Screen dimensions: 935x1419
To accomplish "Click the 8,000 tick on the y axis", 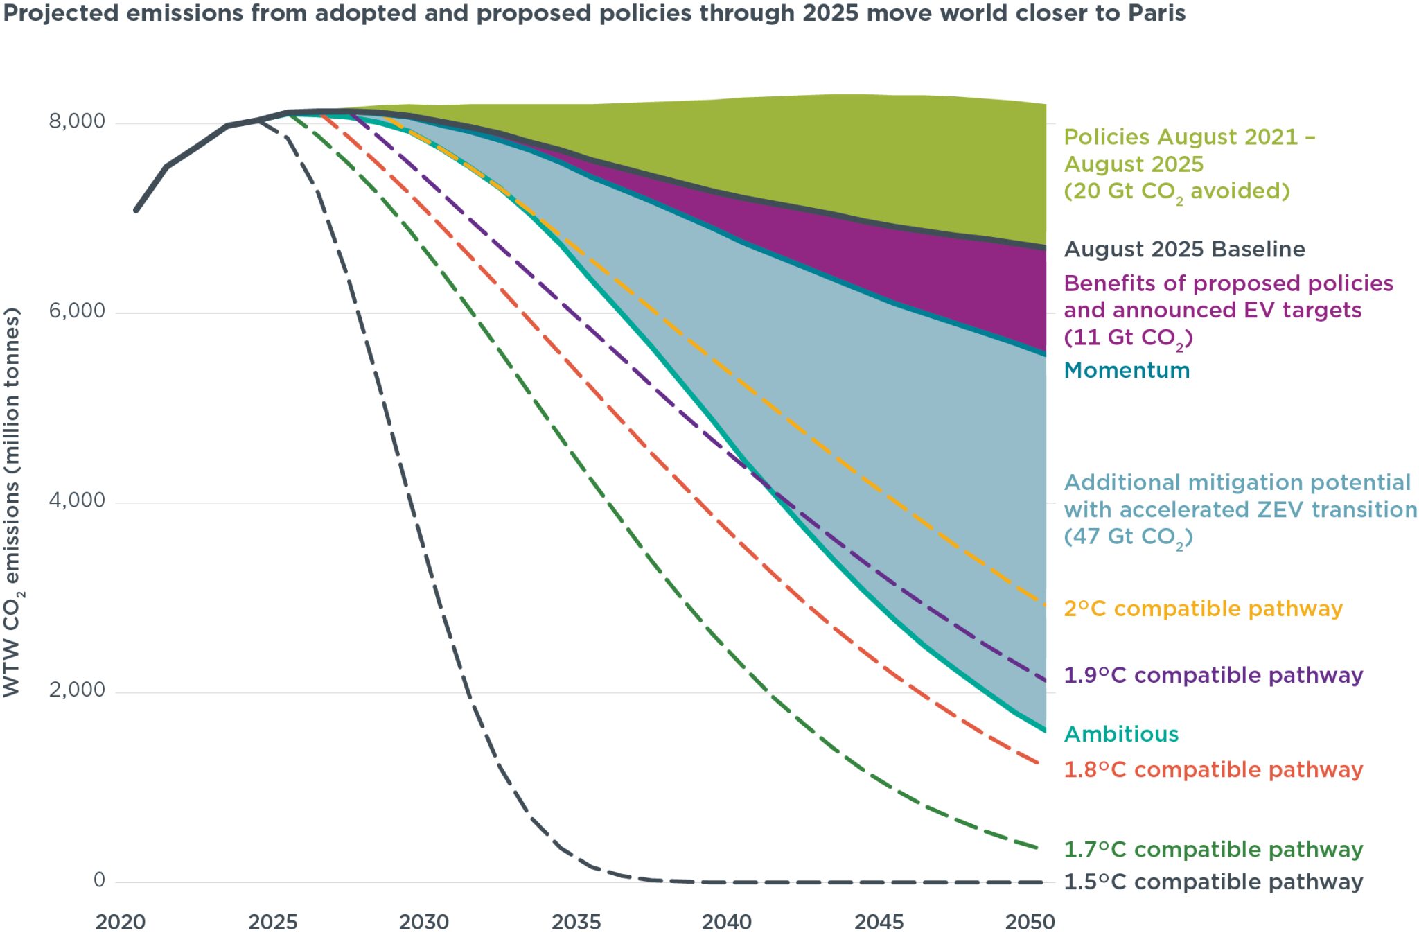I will (76, 121).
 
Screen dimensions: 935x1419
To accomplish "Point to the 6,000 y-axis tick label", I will (76, 311).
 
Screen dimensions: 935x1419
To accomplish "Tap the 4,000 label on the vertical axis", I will (76, 500).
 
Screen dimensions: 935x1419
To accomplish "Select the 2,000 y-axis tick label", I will (76, 690).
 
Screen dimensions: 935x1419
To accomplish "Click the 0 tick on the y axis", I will (99, 880).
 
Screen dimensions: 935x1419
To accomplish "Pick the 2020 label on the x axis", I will (120, 922).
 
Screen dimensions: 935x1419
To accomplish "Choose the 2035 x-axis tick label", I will (576, 922).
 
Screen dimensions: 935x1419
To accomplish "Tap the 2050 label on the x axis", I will (1030, 922).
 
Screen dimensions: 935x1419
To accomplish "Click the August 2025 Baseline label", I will (1184, 250).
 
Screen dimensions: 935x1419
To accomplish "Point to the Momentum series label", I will (1127, 370).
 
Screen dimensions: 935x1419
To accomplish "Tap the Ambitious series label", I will (1121, 734).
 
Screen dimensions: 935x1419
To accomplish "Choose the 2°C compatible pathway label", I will (1203, 609).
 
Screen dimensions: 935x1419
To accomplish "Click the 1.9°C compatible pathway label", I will (1213, 675).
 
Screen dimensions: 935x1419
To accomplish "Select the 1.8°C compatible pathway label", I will (1213, 769).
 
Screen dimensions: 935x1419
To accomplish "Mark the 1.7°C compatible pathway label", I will (1213, 849).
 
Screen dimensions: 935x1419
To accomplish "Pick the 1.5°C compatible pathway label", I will (1213, 882).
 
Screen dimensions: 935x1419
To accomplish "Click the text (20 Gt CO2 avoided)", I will (1176, 191).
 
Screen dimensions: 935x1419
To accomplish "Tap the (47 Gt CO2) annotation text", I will (1128, 537).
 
